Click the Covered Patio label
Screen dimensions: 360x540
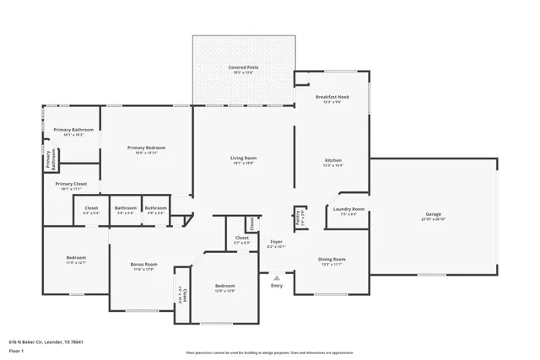click(243, 67)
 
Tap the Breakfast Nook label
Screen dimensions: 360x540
click(332, 97)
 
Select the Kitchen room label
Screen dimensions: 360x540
click(332, 160)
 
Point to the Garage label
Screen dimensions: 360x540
click(432, 214)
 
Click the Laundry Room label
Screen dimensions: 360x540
click(348, 208)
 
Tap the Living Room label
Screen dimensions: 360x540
click(244, 158)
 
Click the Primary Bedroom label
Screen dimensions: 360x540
click(147, 148)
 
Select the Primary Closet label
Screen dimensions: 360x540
click(72, 184)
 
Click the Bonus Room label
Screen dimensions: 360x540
click(143, 264)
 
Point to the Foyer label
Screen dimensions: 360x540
click(276, 242)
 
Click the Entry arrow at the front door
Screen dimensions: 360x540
click(276, 275)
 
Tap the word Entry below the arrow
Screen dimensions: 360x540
click(276, 285)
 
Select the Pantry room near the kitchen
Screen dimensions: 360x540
click(299, 217)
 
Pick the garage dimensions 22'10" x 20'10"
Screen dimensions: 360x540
click(432, 219)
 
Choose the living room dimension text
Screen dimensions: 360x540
click(244, 164)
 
